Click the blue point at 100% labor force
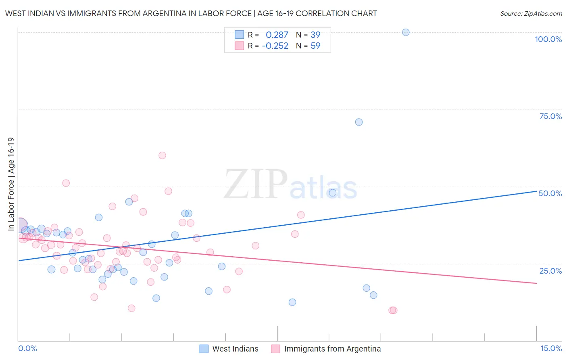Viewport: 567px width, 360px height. (x=406, y=32)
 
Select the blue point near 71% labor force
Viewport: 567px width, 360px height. (x=359, y=122)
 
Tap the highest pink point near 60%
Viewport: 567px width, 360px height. (x=162, y=155)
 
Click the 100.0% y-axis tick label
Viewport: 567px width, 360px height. (x=548, y=39)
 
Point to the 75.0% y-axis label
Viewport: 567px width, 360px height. (x=550, y=116)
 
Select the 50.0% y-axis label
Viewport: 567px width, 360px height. (x=550, y=193)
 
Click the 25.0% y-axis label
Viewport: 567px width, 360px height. (x=550, y=271)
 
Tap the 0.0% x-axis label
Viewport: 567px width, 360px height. (x=27, y=348)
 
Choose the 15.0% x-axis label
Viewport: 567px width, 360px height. (x=551, y=348)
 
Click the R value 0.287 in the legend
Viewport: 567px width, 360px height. (x=277, y=35)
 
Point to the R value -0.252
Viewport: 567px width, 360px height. (x=275, y=46)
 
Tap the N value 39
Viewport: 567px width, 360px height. (x=315, y=35)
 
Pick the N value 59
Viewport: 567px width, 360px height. (x=315, y=46)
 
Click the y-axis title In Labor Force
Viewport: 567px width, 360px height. (x=11, y=184)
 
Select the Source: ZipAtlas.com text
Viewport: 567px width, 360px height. (x=531, y=14)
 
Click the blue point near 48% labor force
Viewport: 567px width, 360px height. (x=333, y=193)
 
